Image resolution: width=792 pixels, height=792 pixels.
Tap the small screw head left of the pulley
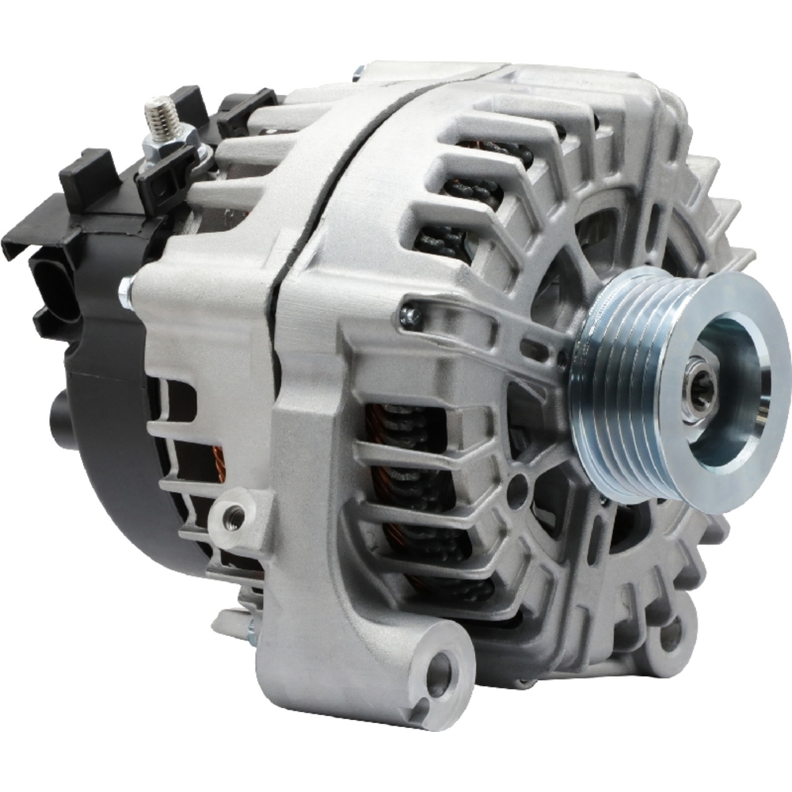click(x=409, y=317)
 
